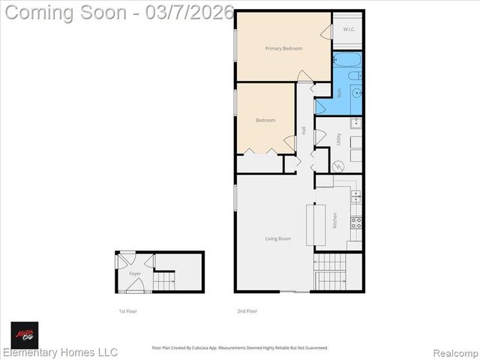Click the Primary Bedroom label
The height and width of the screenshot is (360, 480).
[x=283, y=49]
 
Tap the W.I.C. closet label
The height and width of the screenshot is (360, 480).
[x=348, y=30]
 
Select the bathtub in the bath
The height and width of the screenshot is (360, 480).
[x=347, y=61]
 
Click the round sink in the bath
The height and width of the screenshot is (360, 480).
[x=355, y=93]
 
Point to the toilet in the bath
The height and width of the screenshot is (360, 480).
[x=355, y=76]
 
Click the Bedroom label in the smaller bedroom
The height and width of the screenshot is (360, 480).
[x=265, y=120]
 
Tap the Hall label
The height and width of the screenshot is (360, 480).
[x=304, y=130]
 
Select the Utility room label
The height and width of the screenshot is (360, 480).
[x=339, y=139]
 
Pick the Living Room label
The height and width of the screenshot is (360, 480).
[x=277, y=239]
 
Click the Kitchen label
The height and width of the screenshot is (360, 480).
[x=334, y=220]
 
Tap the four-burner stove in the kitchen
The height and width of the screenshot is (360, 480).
[x=355, y=223]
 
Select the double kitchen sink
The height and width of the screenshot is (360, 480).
[x=355, y=197]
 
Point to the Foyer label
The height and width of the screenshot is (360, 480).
[x=135, y=274]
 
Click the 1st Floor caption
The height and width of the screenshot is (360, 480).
[x=127, y=310]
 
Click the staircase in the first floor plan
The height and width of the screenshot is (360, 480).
[x=164, y=282]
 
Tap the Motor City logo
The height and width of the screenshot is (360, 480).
[x=24, y=334]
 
